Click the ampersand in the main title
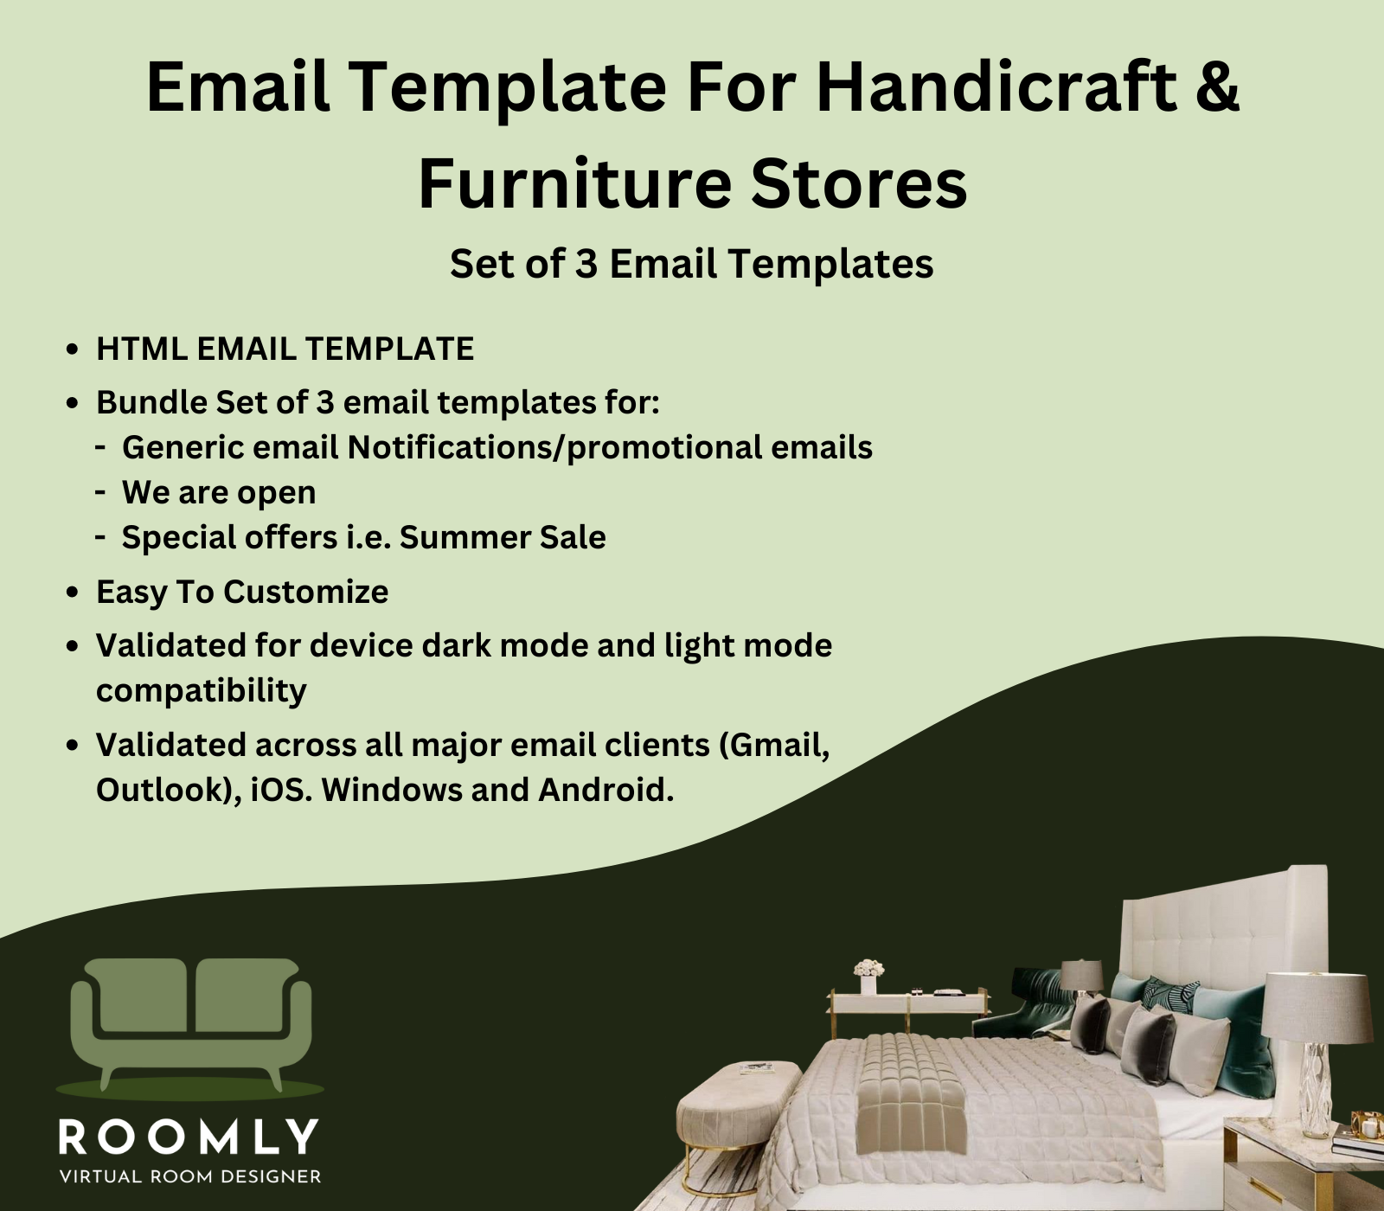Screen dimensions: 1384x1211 click(x=1219, y=86)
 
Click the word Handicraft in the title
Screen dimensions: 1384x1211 click(x=996, y=86)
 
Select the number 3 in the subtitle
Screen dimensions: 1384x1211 click(x=586, y=264)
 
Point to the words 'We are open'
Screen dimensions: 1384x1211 click(x=219, y=493)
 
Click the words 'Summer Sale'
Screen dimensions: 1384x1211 click(x=503, y=537)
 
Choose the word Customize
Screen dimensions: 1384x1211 click(x=306, y=592)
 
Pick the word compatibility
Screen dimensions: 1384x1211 click(x=202, y=691)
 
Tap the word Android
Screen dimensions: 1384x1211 click(x=605, y=790)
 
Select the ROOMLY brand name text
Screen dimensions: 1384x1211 click(x=189, y=1137)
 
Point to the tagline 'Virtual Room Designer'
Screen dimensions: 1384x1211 click(x=189, y=1176)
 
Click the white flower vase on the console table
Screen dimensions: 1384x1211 click(x=868, y=977)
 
